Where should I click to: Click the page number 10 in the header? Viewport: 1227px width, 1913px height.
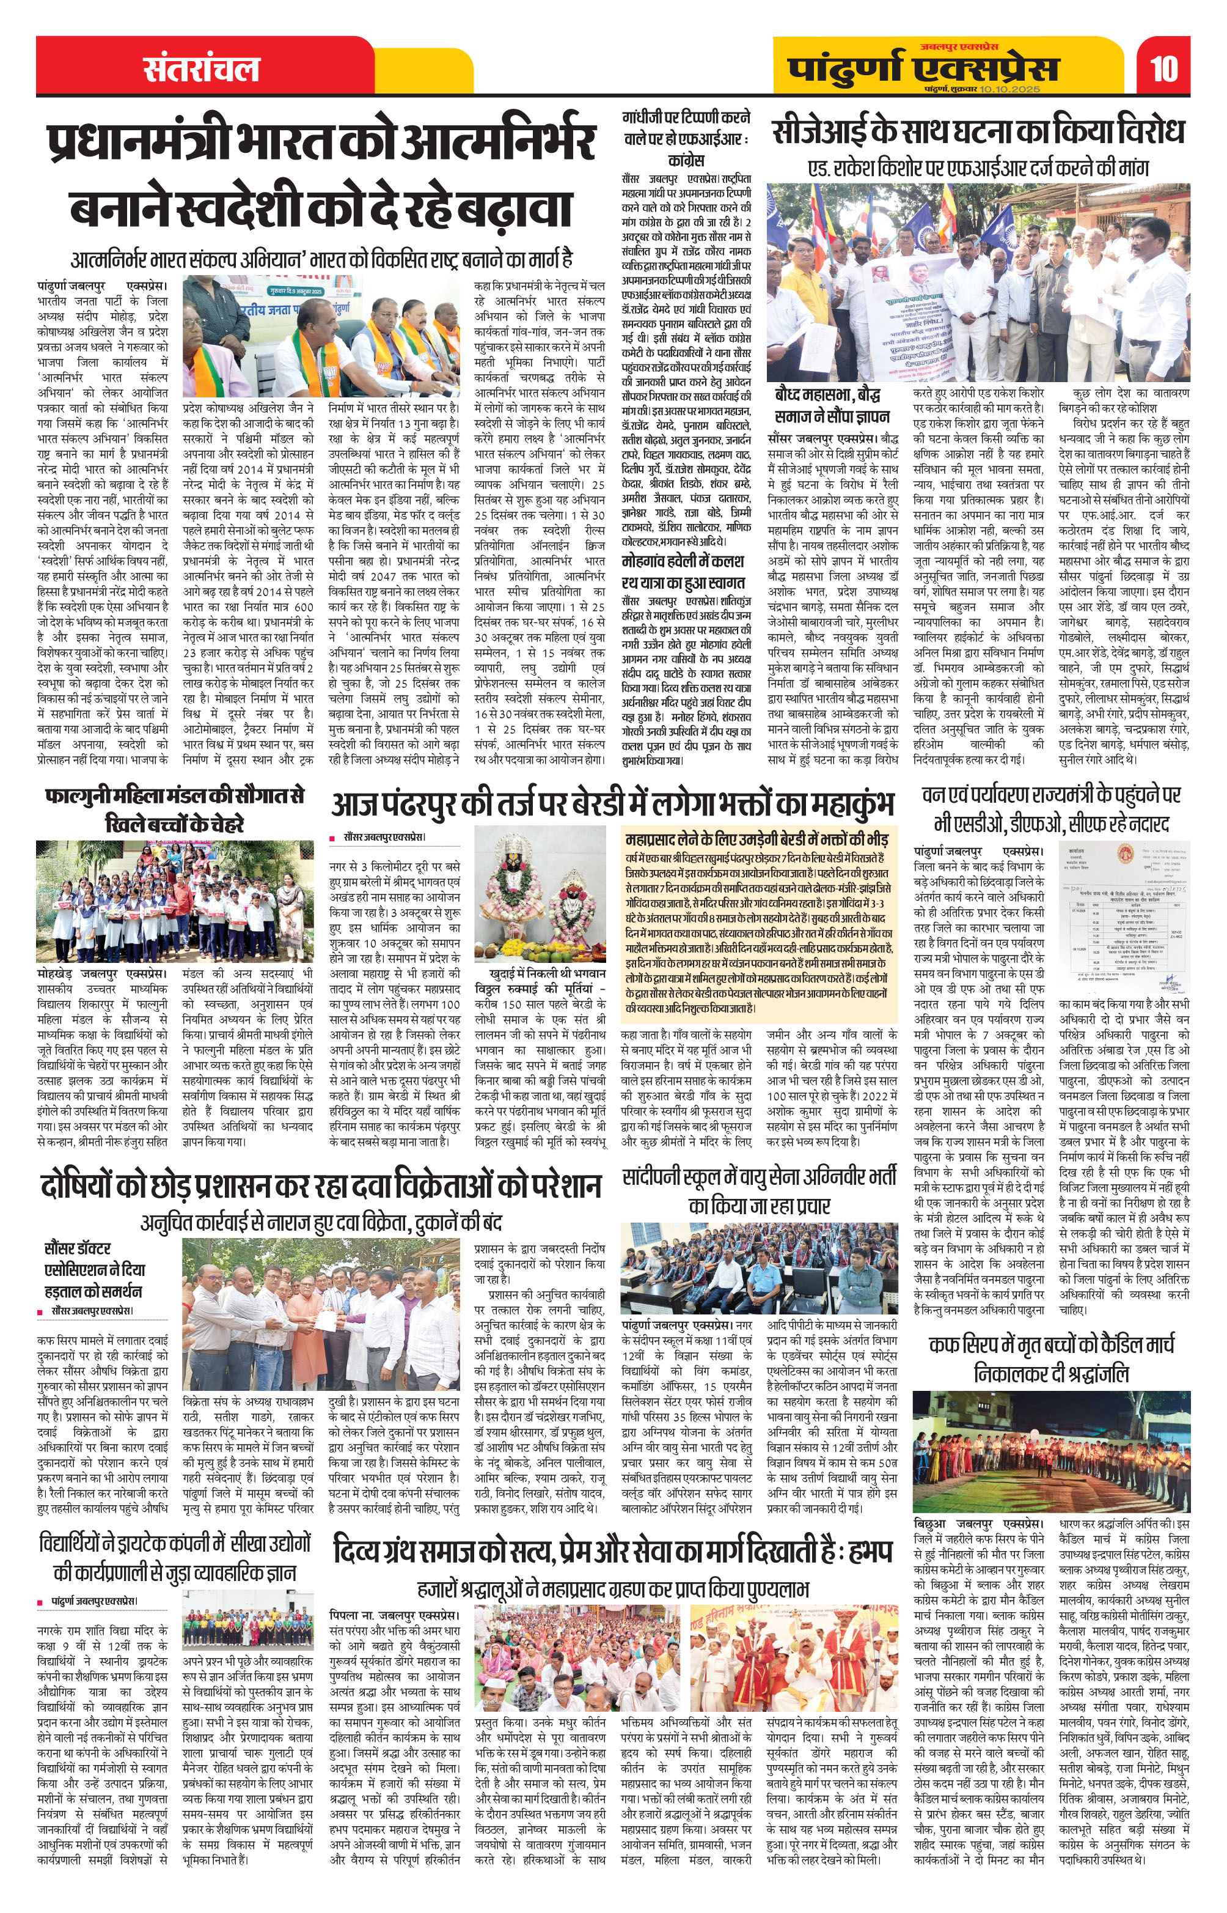(1164, 68)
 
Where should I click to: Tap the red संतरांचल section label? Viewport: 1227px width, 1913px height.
(202, 69)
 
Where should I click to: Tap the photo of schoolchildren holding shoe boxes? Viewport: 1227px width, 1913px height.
(175, 903)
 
